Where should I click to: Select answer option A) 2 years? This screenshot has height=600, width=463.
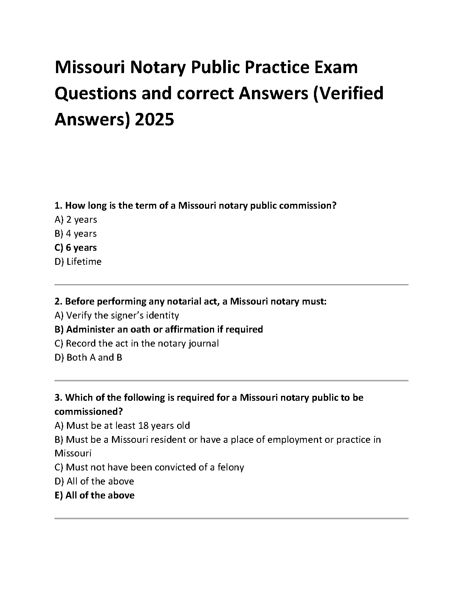76,220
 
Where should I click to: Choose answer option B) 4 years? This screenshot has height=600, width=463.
76,234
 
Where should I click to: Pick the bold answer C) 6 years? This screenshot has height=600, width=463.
76,248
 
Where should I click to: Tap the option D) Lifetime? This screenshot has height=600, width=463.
78,262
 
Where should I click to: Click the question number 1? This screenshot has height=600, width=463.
58,206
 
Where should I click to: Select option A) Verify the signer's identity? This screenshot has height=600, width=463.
117,316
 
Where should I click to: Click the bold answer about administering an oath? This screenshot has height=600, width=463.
158,330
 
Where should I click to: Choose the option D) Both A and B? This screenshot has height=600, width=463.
88,358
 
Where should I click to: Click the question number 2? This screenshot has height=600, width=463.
58,302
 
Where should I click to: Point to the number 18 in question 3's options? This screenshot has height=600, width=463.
143,426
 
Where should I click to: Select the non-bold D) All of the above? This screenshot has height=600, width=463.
94,481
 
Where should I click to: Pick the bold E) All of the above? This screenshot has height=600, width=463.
94,495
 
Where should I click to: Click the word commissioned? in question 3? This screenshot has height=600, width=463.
89,412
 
